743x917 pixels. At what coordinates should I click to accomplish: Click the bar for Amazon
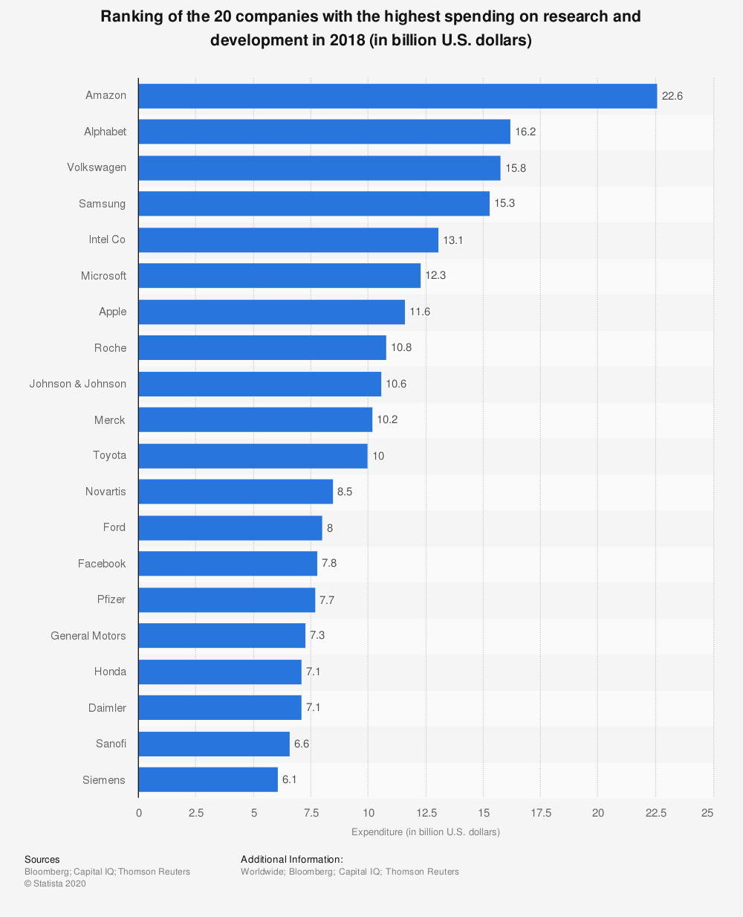(x=398, y=96)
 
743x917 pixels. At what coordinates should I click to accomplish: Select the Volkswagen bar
(x=319, y=168)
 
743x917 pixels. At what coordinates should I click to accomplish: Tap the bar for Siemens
(x=208, y=780)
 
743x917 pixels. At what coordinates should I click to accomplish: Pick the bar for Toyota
(x=253, y=456)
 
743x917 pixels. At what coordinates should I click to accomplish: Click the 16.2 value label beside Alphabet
(x=525, y=132)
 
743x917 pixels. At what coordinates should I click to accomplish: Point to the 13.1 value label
(x=453, y=240)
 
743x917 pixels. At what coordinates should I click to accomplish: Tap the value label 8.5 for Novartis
(x=345, y=492)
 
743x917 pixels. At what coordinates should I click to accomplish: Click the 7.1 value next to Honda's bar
(x=314, y=672)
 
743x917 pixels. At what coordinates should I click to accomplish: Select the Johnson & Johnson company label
(x=78, y=384)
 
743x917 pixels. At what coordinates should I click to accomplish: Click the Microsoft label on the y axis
(x=104, y=276)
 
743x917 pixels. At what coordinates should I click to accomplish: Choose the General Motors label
(x=88, y=636)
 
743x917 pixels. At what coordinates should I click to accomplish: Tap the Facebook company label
(x=102, y=564)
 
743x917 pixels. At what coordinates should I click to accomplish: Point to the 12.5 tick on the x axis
(x=426, y=813)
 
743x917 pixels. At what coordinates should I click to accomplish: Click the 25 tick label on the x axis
(x=707, y=813)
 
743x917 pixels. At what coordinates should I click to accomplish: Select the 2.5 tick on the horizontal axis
(x=196, y=813)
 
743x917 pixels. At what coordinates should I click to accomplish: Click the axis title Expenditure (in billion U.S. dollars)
(x=426, y=831)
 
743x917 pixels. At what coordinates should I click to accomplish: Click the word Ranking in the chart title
(x=130, y=16)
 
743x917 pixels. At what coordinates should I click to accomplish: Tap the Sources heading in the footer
(x=42, y=859)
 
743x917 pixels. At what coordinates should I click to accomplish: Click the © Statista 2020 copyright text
(x=55, y=884)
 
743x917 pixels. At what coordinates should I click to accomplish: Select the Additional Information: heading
(x=292, y=859)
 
